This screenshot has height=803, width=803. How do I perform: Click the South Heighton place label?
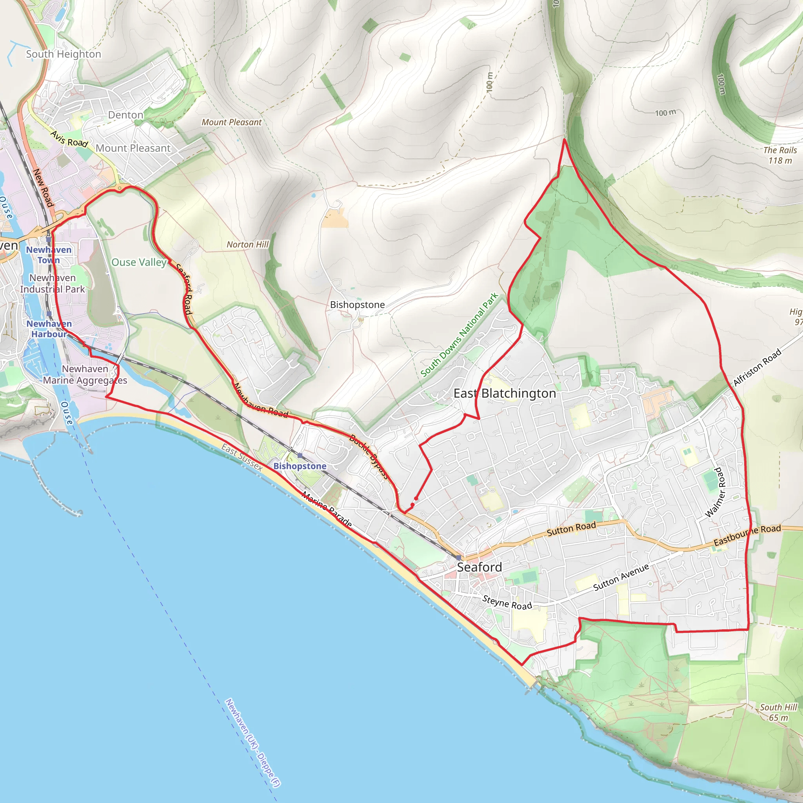click(64, 54)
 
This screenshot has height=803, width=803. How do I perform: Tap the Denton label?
click(125, 115)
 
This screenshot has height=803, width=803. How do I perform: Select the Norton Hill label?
click(247, 245)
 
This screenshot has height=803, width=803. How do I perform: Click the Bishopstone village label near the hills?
click(357, 305)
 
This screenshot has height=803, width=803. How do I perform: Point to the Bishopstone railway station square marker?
click(300, 456)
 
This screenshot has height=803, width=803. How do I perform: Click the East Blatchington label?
click(505, 393)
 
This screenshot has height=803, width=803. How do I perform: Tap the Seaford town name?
click(479, 567)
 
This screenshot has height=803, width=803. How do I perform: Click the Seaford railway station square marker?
click(458, 558)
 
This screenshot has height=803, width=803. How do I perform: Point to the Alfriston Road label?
click(757, 367)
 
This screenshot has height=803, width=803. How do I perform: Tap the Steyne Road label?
click(507, 602)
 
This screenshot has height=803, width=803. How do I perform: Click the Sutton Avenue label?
click(621, 577)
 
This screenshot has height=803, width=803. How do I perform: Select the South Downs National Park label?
click(459, 335)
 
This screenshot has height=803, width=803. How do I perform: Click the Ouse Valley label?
click(139, 262)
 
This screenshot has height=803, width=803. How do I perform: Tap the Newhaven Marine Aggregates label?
click(85, 374)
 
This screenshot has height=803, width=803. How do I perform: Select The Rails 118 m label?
click(780, 155)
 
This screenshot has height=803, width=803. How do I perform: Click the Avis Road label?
click(69, 139)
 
